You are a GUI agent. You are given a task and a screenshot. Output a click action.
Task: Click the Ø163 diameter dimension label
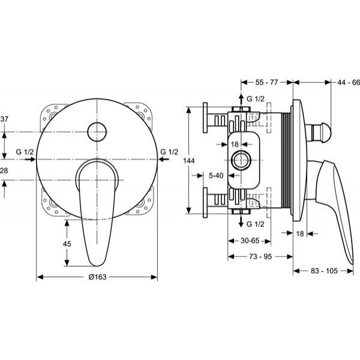click(x=98, y=277)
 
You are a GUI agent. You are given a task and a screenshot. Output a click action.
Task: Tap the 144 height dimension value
click(x=189, y=161)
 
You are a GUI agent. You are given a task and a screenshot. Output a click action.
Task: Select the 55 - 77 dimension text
click(x=267, y=82)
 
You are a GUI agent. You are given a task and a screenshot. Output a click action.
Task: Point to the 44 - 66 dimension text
click(x=349, y=82)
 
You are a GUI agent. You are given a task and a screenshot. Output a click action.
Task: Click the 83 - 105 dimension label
click(x=324, y=271)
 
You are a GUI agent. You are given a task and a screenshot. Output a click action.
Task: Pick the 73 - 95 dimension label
click(x=260, y=256)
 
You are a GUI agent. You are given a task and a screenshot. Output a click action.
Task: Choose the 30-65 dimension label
click(x=250, y=241)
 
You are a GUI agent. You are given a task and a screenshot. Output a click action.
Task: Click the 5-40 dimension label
click(x=216, y=175)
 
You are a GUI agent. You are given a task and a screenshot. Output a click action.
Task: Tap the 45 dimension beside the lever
click(x=67, y=244)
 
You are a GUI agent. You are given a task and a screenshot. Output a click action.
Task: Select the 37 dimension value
click(x=4, y=119)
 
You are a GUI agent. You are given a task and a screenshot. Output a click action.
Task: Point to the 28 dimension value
click(x=4, y=170)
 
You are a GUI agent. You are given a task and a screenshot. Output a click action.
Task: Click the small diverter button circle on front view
click(x=97, y=132)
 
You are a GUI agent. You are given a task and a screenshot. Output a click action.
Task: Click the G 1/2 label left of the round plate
click(x=25, y=152)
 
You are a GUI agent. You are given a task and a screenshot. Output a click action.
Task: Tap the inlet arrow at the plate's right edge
click(x=164, y=159)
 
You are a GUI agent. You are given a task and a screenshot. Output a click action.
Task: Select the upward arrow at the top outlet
click(x=241, y=100)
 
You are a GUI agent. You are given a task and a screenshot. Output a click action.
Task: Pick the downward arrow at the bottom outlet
click(x=241, y=221)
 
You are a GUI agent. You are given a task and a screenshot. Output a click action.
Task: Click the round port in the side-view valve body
click(x=241, y=160)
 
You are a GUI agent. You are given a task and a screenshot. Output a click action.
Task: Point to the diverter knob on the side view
click(x=321, y=133)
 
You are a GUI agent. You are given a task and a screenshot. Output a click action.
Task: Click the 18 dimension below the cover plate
click(x=300, y=233)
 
